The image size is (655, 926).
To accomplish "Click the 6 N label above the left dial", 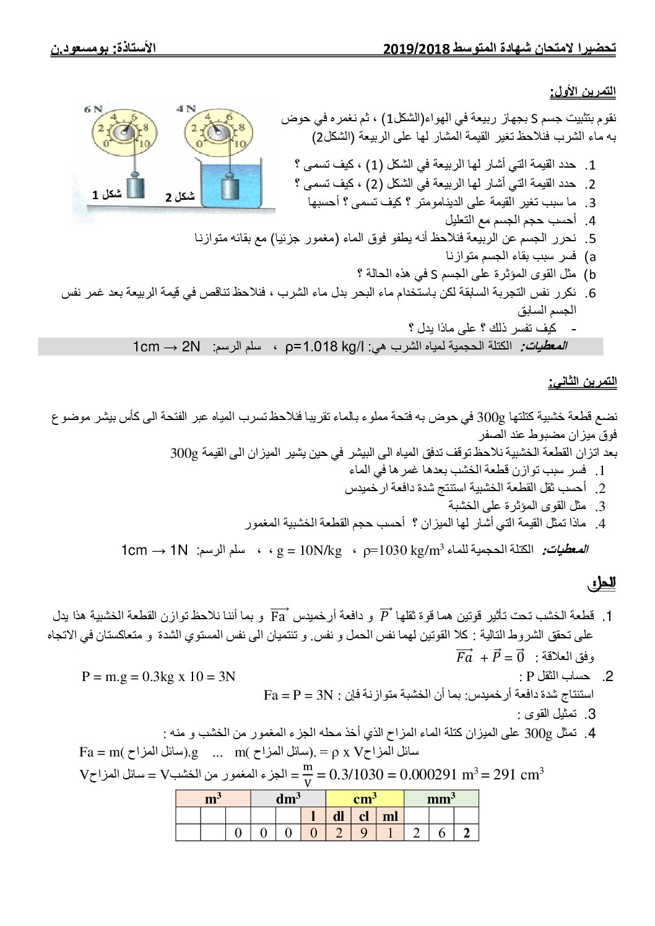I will coord(93,109).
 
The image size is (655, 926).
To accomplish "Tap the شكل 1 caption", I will coord(106,194).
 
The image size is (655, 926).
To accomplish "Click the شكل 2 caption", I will coord(180,197).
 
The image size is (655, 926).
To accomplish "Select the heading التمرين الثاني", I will coord(582,382).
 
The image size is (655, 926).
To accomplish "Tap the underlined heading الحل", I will coord(604,583).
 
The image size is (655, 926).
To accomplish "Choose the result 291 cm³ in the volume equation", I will coord(518,774).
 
